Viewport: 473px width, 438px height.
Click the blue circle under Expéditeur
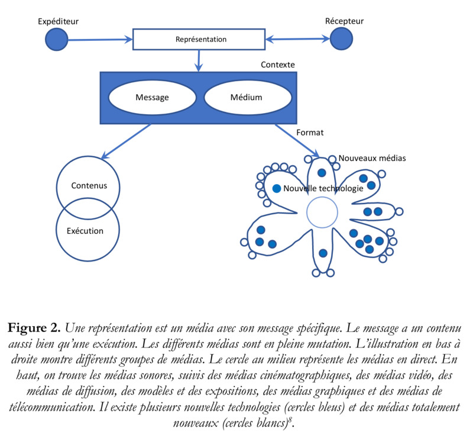tap(57, 39)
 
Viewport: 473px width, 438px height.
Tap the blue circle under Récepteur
tap(341, 39)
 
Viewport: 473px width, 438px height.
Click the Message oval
tap(152, 97)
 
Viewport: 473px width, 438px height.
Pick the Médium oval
tap(245, 97)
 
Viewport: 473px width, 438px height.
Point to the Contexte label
tap(277, 64)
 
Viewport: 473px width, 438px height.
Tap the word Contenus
tap(89, 185)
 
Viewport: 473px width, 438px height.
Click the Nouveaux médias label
tap(372, 159)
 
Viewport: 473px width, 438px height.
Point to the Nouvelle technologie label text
tap(323, 188)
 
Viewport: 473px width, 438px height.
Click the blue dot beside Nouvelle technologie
tap(276, 188)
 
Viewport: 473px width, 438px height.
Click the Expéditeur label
tap(58, 22)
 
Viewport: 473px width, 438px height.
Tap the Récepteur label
tap(344, 22)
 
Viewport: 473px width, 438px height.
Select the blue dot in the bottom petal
tap(323, 253)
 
